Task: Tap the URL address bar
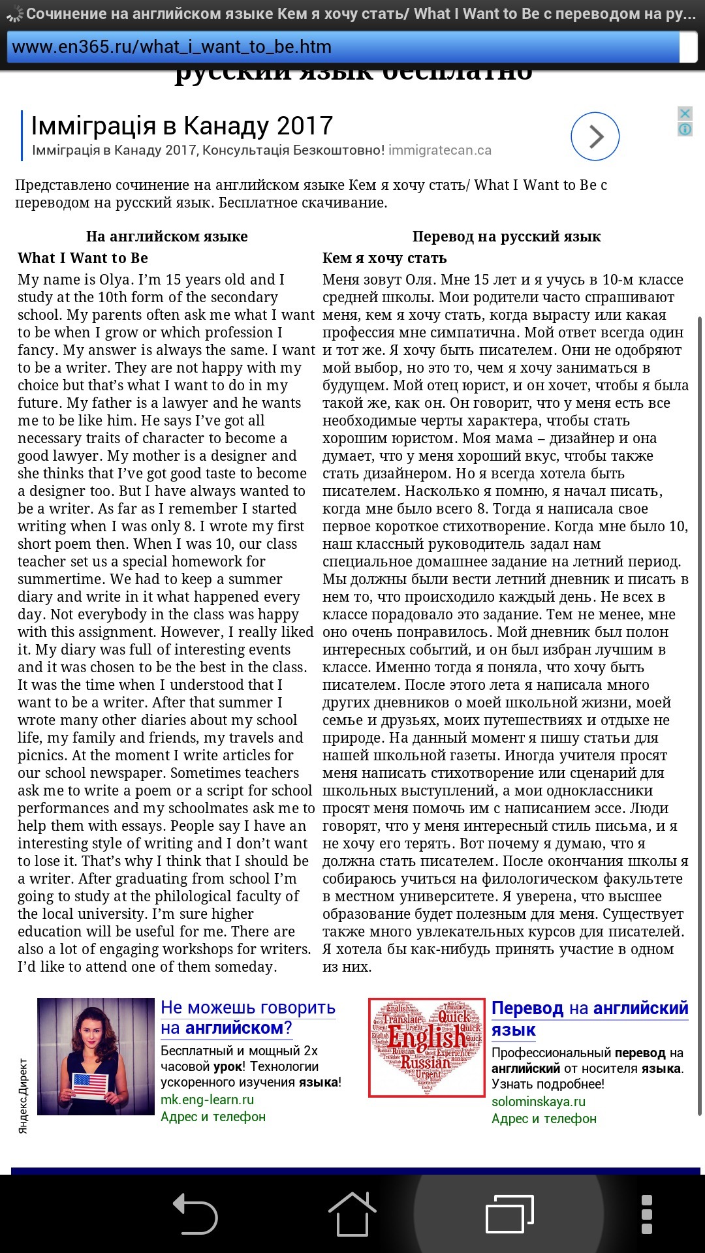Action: coord(343,47)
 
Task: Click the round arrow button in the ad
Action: coord(595,136)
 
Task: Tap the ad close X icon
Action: coord(685,114)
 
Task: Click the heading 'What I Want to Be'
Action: coord(83,258)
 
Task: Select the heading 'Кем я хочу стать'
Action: coord(384,258)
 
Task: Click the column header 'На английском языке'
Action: coord(166,236)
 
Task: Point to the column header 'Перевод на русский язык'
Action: coord(507,236)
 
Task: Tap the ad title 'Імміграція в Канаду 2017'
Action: coord(182,125)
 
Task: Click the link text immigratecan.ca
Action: coord(439,150)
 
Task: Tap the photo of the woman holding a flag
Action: coord(96,1055)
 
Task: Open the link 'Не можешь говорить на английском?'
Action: coord(247,1017)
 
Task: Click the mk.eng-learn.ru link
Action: coord(207,1100)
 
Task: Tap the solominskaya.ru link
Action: coord(538,1102)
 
